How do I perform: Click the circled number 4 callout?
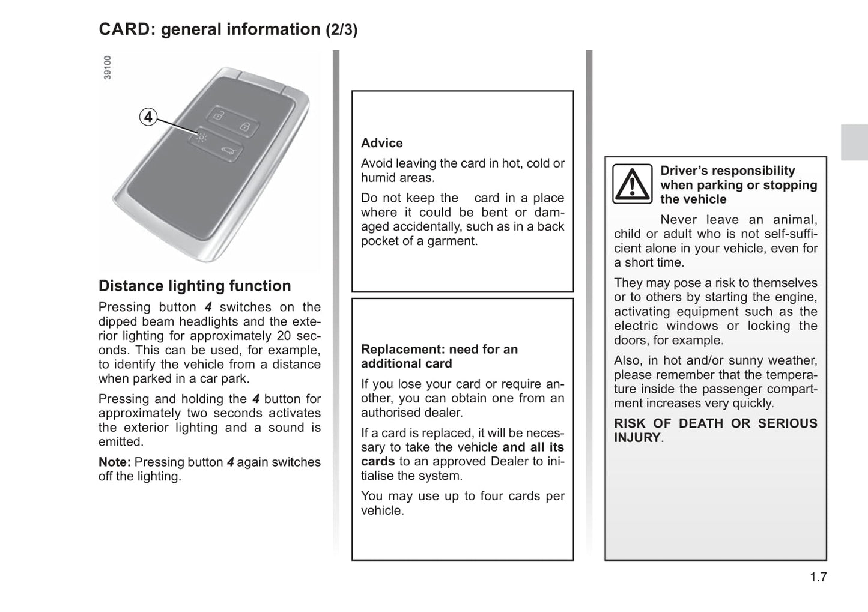148,117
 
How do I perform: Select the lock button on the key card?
245,126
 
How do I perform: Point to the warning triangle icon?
632,184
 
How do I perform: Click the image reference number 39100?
108,68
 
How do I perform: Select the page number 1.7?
818,577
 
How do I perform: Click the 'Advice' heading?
382,143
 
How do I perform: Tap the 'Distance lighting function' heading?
195,286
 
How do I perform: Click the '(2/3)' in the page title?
341,30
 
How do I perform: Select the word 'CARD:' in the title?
127,29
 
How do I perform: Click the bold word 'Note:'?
115,462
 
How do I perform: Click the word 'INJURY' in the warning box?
637,438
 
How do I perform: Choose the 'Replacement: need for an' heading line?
439,349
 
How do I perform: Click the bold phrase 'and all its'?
533,447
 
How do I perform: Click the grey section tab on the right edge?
854,142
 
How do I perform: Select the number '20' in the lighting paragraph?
284,336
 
